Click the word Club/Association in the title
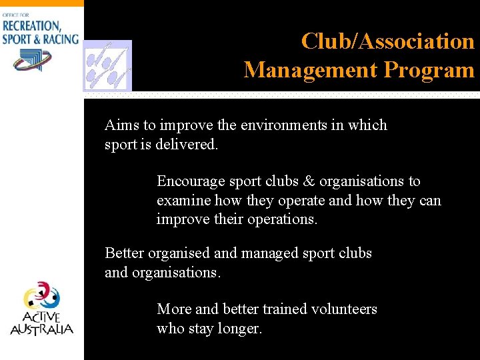387,41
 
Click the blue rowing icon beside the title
107,65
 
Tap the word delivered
186,144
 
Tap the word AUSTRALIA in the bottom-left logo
41,329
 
